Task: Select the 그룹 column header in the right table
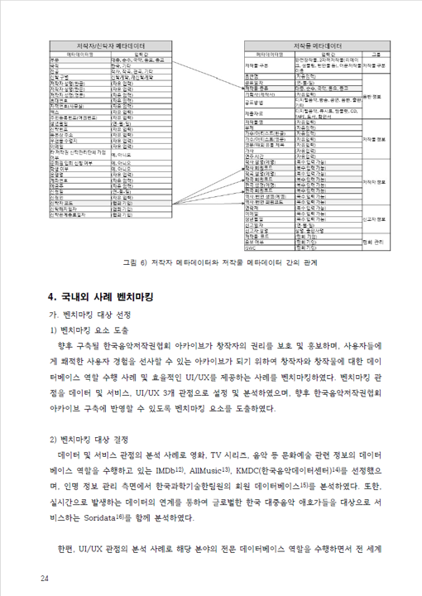point(375,53)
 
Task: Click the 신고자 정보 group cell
point(375,220)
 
